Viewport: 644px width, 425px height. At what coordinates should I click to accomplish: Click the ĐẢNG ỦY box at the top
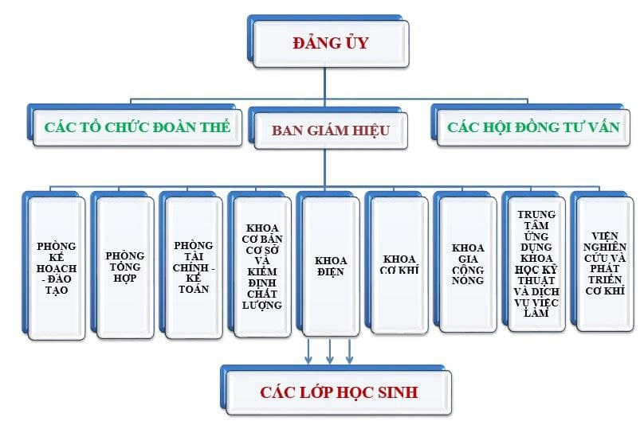point(329,44)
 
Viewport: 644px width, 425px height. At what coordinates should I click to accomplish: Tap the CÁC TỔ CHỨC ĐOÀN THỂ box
point(137,127)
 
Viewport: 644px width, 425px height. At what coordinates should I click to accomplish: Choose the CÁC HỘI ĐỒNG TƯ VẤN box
point(532,127)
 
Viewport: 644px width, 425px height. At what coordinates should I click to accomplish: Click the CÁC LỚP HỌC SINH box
point(338,392)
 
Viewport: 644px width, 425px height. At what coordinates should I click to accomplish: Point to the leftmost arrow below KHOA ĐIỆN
point(310,350)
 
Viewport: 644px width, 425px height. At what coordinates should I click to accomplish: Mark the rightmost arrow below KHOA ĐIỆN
point(349,350)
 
